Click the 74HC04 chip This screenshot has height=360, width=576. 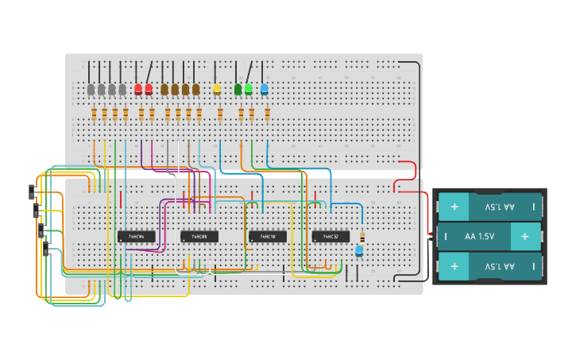tap(136, 236)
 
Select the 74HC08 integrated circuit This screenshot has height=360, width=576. tap(199, 236)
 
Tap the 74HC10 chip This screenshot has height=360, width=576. tap(267, 236)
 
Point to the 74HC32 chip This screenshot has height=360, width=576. tap(331, 236)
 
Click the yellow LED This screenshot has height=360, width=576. tap(217, 90)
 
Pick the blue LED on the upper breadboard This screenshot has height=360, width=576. tap(265, 90)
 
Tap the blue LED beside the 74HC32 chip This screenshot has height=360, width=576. tap(359, 251)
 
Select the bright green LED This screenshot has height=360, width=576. tap(249, 90)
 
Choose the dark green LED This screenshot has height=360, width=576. tap(238, 90)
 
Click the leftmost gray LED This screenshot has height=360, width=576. tap(91, 90)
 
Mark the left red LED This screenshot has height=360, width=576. tap(138, 90)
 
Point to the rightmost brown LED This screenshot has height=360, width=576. tap(196, 90)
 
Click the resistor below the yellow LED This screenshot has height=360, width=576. tap(220, 114)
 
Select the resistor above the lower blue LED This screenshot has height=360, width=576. tap(362, 237)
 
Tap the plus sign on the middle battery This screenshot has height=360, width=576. tap(524, 237)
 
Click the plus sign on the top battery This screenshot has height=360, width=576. tap(454, 207)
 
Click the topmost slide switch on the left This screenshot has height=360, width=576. tap(32, 192)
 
